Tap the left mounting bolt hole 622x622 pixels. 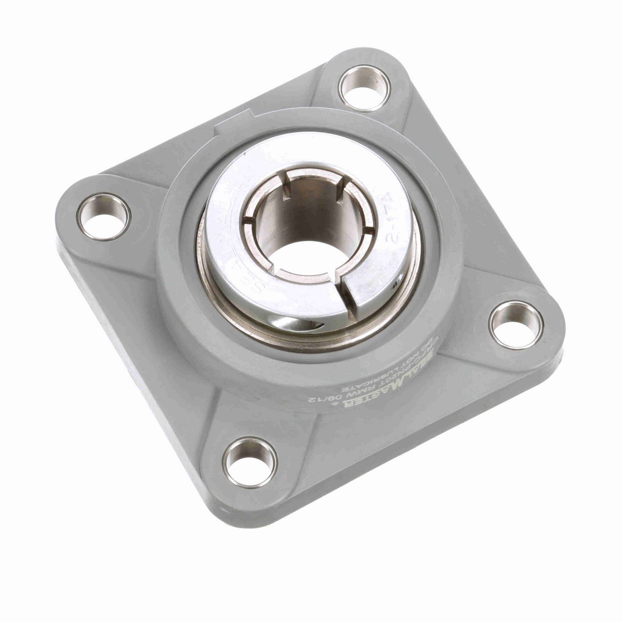point(104,217)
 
